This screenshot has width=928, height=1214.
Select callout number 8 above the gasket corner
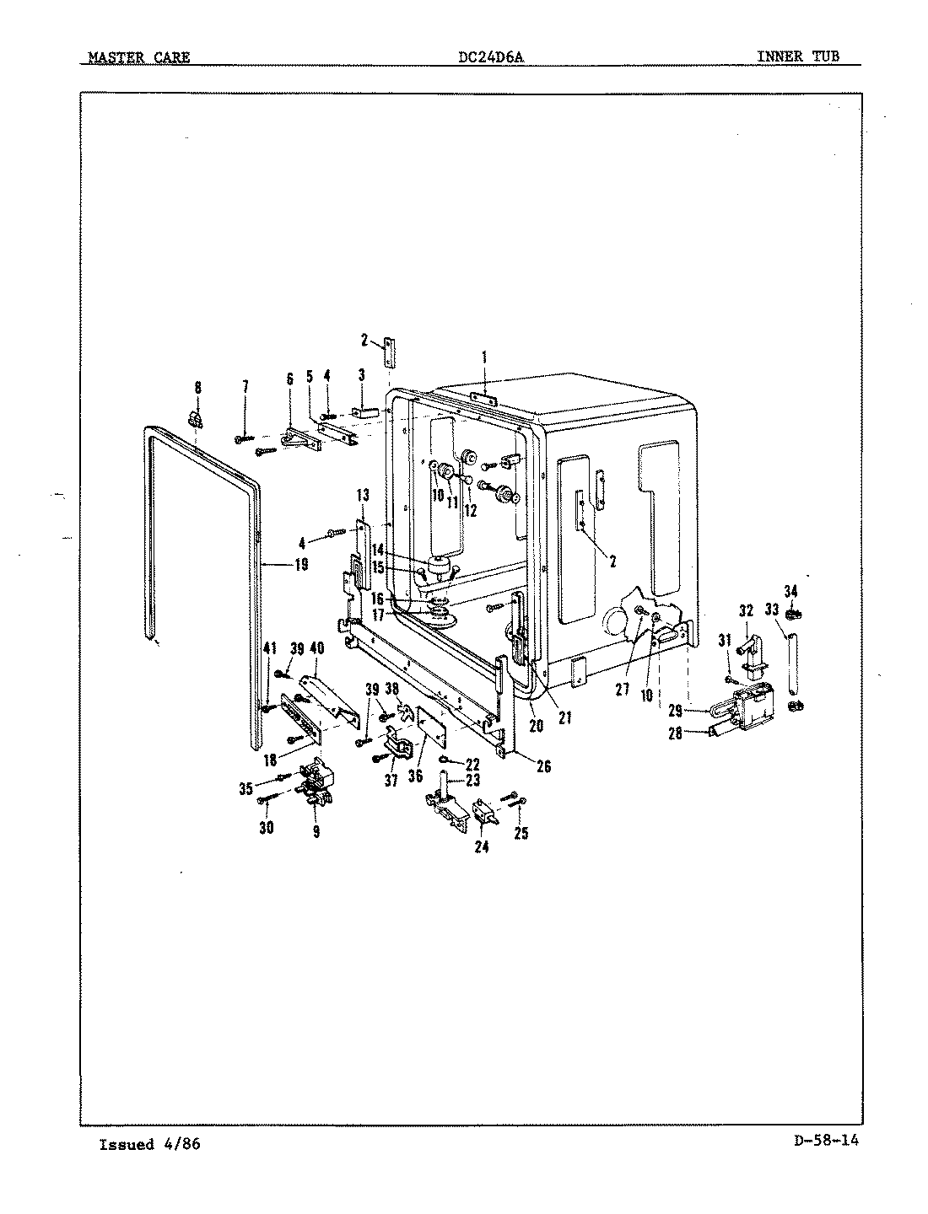pyautogui.click(x=197, y=388)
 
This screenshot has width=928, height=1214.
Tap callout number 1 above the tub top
pyautogui.click(x=484, y=357)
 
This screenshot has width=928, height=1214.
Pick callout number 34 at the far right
pyautogui.click(x=790, y=590)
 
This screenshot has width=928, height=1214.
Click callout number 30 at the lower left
pyautogui.click(x=267, y=828)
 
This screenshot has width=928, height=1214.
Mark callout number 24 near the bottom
pyautogui.click(x=482, y=847)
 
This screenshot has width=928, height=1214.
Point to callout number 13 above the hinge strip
pyautogui.click(x=363, y=494)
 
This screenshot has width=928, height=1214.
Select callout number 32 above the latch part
pyautogui.click(x=746, y=610)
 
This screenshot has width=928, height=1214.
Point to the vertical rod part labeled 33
pyautogui.click(x=791, y=668)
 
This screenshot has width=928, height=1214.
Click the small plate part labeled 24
pyautogui.click(x=487, y=811)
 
